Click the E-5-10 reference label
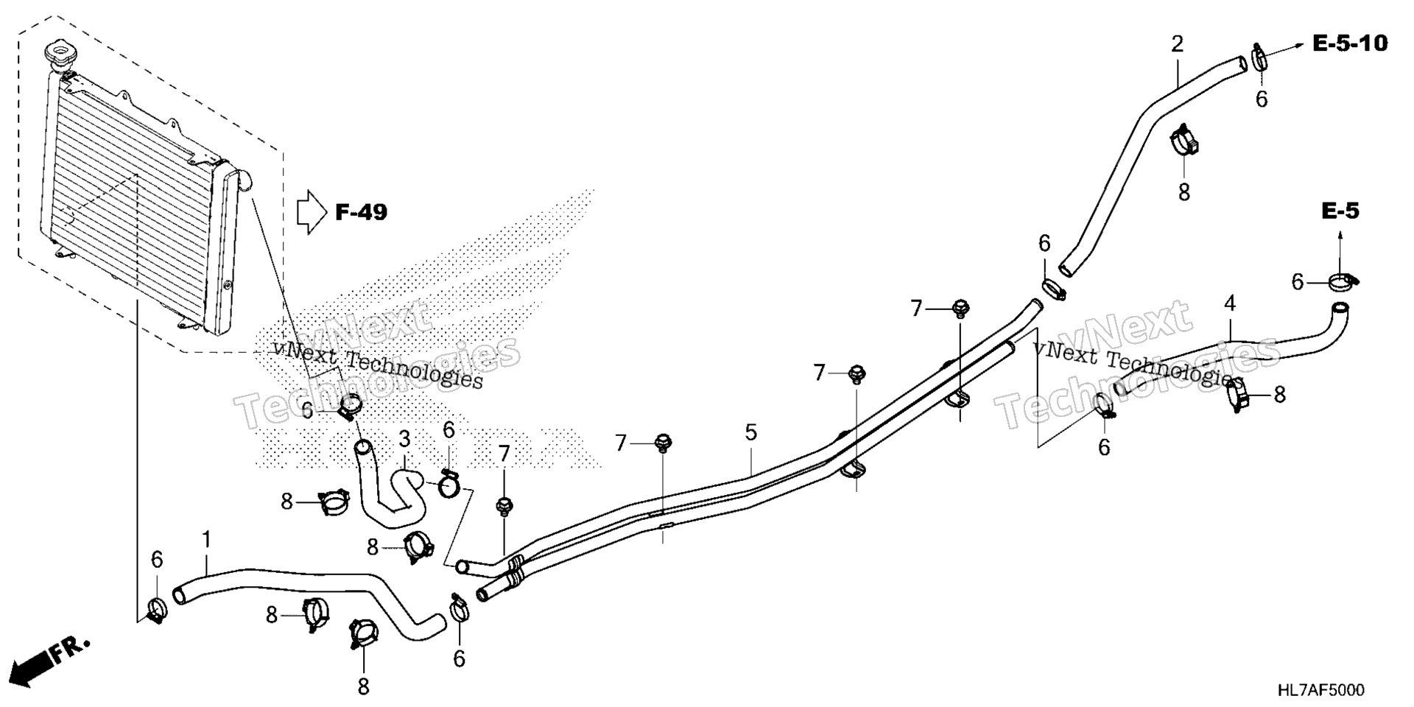coord(1350,43)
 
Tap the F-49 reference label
coord(361,213)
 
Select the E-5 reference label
coord(1340,212)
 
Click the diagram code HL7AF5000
coord(1320,690)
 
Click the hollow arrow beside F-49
coord(312,213)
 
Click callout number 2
coord(1178,44)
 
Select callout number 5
coord(750,432)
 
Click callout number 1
coord(207,540)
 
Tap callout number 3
coord(404,440)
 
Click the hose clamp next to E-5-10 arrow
coord(1259,57)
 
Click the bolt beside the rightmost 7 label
coord(960,309)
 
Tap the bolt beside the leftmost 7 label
coord(504,506)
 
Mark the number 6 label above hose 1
coord(157,560)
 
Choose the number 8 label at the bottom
coord(363,687)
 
